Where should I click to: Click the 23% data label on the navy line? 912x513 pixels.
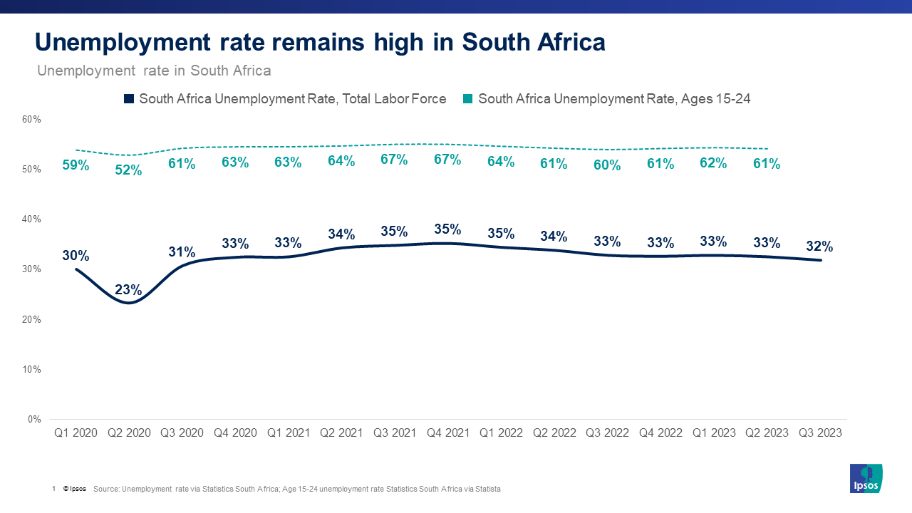129,290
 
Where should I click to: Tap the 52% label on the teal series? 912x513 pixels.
129,170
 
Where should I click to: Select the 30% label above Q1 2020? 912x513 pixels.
76,255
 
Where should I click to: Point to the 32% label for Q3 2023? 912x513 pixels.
819,247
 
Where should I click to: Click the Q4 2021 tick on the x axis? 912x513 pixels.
447,432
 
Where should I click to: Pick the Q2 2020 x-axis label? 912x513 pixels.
129,432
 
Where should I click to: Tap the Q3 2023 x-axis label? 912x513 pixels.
819,432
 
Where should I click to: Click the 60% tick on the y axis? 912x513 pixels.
31,119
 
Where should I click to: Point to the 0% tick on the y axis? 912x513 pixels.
34,419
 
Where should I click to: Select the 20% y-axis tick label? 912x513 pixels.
31,319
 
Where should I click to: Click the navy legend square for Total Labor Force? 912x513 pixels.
129,99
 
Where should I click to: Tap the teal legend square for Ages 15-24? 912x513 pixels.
468,99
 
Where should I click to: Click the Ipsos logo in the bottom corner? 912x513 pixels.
866,478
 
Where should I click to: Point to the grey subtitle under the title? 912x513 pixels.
154,71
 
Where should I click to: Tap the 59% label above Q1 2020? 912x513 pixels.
76,165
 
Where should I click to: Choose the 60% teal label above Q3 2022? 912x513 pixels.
607,165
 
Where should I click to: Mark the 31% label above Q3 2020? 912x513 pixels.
182,252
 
